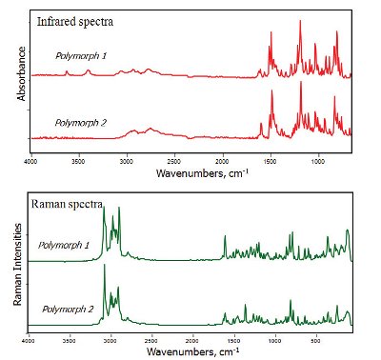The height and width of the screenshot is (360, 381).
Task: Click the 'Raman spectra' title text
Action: (x=70, y=203)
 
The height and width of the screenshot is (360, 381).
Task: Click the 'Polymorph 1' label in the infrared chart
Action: (x=81, y=56)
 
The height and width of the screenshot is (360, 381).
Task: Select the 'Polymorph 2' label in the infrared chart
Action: (x=81, y=122)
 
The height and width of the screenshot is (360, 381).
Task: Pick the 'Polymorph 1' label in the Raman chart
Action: (x=64, y=245)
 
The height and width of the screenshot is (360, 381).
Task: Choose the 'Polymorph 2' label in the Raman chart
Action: (x=64, y=310)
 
